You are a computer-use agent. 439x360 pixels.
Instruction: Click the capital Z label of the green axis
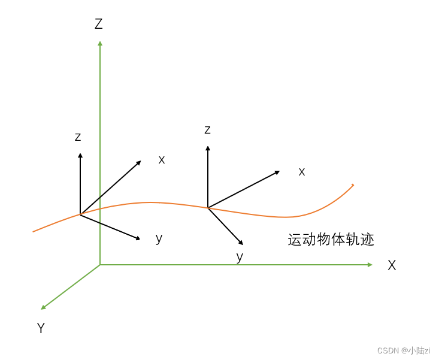(99, 24)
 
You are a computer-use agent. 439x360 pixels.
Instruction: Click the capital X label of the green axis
(392, 266)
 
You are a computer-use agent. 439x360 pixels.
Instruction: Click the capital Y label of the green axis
(41, 328)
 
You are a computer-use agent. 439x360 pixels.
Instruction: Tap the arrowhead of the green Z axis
(100, 43)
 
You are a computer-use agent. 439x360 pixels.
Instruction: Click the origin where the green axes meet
(100, 264)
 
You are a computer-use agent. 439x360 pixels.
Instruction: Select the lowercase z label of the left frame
(78, 137)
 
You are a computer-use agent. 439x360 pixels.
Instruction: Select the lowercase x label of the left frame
(162, 160)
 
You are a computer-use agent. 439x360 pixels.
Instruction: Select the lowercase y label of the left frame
(159, 238)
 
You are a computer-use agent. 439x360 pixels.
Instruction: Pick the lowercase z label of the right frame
(207, 130)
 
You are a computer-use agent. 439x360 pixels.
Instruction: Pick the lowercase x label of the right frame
(302, 172)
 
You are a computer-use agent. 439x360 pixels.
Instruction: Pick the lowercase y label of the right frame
(240, 257)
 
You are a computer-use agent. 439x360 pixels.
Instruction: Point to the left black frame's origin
(80, 214)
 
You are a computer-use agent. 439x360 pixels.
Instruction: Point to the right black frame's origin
(208, 208)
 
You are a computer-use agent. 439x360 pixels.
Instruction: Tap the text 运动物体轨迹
(331, 240)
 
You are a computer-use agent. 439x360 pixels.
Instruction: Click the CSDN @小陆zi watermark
(403, 350)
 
